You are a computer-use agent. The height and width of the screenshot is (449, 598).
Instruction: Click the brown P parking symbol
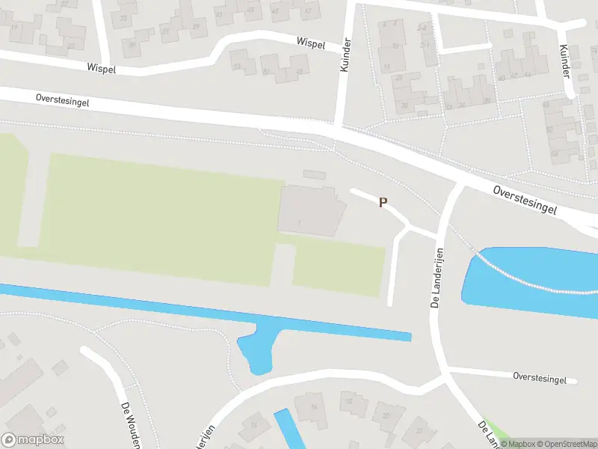tap(383, 202)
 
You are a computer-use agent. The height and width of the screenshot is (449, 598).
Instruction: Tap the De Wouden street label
tap(131, 423)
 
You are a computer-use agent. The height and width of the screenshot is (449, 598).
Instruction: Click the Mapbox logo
tap(33, 440)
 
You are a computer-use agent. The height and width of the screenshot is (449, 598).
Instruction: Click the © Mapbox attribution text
tap(517, 444)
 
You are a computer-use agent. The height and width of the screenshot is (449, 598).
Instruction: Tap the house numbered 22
tap(419, 431)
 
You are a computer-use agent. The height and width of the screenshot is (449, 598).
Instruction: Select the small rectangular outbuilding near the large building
tap(315, 174)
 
